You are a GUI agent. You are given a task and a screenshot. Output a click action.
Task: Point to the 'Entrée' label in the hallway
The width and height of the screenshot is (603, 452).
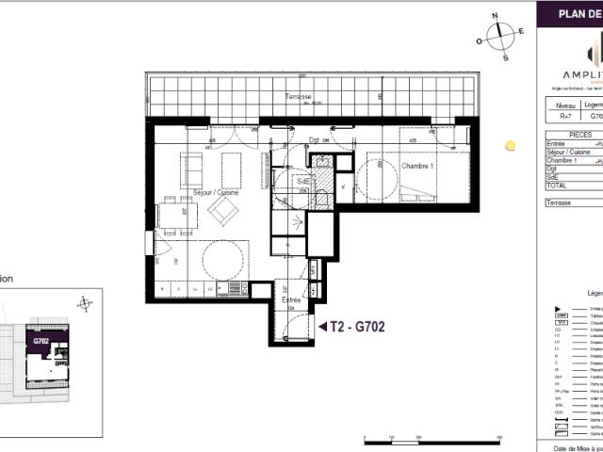click(292, 299)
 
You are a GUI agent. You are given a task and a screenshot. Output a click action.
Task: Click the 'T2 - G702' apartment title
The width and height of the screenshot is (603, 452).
click(358, 326)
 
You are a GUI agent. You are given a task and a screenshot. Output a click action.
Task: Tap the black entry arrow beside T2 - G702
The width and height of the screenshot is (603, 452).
click(322, 326)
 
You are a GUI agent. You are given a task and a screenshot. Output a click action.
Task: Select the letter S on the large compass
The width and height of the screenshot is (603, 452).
click(505, 57)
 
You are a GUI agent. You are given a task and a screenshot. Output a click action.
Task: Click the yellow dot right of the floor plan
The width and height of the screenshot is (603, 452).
click(510, 146)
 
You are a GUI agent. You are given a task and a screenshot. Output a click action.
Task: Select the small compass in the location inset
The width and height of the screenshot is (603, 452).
click(86, 303)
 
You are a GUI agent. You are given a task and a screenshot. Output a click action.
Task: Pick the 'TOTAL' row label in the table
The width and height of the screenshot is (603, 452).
click(556, 186)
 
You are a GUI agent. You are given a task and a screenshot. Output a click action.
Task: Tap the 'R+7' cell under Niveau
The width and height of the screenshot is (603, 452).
click(564, 118)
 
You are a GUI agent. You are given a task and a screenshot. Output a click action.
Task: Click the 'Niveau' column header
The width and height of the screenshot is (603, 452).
click(564, 106)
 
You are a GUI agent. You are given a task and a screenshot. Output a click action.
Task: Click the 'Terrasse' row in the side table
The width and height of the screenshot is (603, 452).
click(560, 202)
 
